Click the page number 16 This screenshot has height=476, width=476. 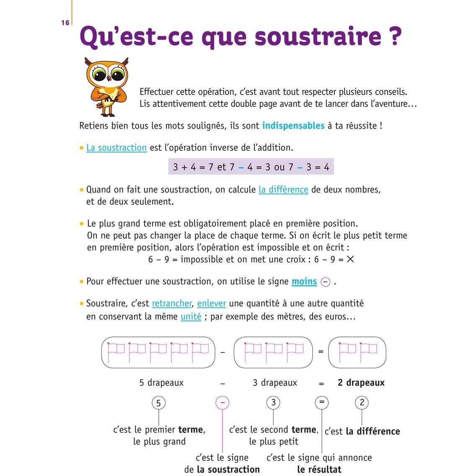point(65,23)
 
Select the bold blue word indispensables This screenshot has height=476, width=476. point(293,126)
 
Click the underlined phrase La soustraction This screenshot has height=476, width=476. point(116,148)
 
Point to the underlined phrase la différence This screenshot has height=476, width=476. point(283,190)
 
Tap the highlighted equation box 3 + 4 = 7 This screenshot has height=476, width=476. point(251,167)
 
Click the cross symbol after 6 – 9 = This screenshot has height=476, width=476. point(350,259)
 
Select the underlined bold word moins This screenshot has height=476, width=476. point(304,282)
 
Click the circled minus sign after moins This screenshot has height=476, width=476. point(325,282)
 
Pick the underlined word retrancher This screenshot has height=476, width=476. point(172,303)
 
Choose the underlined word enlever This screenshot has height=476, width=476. point(212,303)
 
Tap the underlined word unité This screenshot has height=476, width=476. point(191,317)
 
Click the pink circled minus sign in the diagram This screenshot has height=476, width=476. point(222,403)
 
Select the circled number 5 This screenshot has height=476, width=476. point(158,403)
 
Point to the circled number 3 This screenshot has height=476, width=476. point(273,403)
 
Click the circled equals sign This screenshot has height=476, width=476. point(321,403)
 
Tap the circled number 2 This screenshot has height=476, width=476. point(362,403)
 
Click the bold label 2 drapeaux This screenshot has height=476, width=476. point(361,383)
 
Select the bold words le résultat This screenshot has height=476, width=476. point(319,470)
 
